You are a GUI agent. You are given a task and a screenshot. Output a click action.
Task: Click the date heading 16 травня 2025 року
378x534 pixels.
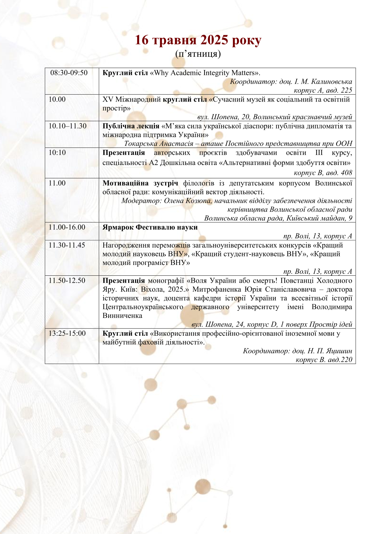pos(198,40)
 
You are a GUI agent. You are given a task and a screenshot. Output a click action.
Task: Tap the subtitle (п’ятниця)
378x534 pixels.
pos(198,54)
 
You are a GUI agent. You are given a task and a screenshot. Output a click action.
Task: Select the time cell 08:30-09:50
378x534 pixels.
pos(69,73)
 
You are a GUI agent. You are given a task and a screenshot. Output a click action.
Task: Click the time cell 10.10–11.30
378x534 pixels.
pos(67,126)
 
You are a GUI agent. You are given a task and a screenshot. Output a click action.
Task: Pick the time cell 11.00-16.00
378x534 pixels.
pos(67,227)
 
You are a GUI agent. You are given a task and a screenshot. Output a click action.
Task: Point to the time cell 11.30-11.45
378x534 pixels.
pos(67,245)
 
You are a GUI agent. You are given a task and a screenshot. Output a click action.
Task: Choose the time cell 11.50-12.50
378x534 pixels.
pos(67,280)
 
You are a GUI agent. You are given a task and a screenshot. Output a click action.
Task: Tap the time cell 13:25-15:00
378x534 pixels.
pos(67,333)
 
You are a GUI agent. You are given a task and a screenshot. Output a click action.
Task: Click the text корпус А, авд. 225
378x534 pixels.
pos(323,90)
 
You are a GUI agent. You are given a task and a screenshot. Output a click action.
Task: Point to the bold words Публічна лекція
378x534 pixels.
pos(131,126)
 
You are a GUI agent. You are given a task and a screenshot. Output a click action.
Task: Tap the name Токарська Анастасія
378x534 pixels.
pos(159,144)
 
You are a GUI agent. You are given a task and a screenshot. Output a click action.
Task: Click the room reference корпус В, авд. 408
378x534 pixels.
pos(323,173)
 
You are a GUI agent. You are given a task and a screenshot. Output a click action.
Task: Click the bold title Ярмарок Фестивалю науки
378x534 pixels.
pos(150,227)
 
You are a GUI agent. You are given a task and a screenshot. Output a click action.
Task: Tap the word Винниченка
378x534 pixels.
pos(122,316)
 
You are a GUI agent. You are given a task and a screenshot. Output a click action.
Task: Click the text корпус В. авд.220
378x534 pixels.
pos(324,360)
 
